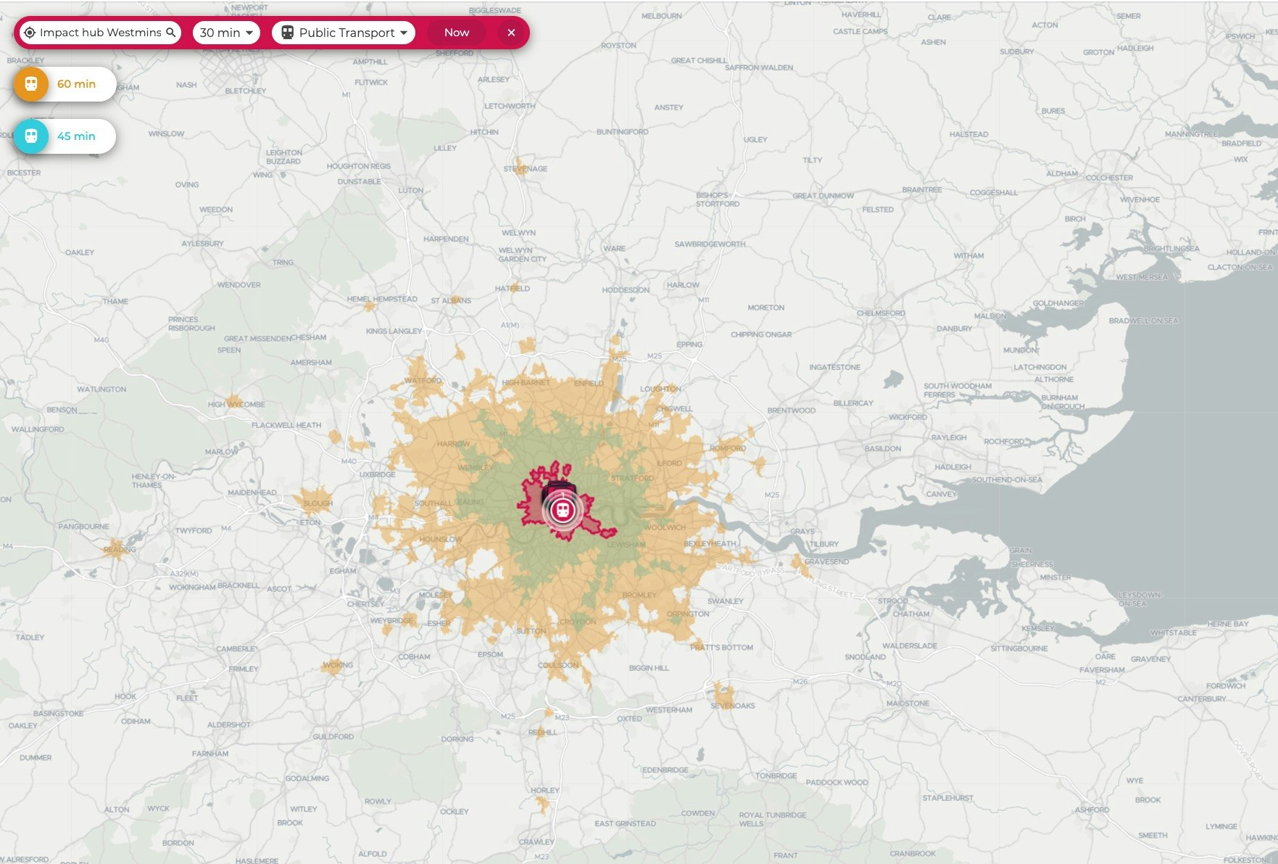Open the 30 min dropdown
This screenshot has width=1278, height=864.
tap(226, 33)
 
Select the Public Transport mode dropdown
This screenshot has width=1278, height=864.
tap(344, 33)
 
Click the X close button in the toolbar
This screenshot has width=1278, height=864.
tap(511, 33)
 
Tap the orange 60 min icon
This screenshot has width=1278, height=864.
tap(31, 84)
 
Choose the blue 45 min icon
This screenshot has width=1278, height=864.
tap(31, 136)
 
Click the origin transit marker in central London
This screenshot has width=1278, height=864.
tap(562, 510)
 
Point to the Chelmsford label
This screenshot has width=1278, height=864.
tap(881, 313)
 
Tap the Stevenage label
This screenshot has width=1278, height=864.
tap(526, 169)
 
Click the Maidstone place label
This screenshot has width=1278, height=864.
tap(908, 703)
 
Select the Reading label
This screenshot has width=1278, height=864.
tap(120, 549)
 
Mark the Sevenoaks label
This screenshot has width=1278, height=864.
tap(733, 705)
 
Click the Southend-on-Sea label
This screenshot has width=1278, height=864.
tap(1007, 480)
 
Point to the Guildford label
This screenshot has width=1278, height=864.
tap(333, 737)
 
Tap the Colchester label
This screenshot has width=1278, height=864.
tap(1109, 178)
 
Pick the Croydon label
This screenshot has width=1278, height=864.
tap(578, 622)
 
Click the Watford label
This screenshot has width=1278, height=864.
tap(423, 381)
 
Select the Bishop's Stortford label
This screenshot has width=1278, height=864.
tap(718, 199)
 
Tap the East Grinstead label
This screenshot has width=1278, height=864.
tap(625, 823)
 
